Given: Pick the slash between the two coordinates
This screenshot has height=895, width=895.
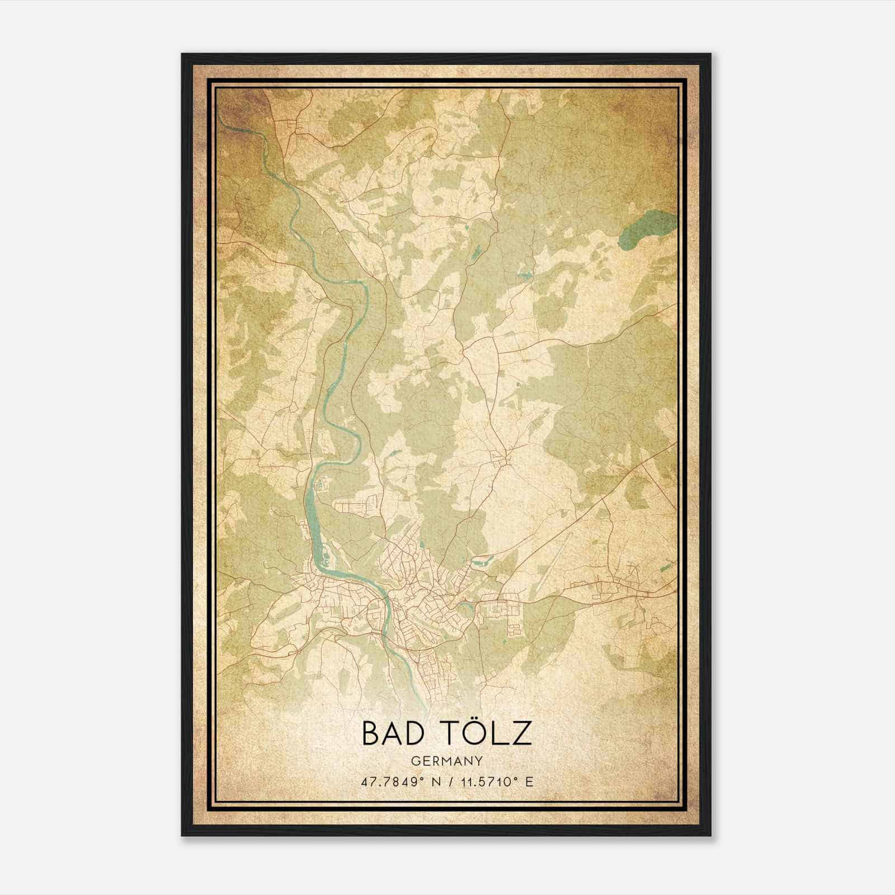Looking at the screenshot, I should coord(447,781).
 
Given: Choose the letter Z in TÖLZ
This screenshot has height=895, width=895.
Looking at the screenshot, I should coord(520,733).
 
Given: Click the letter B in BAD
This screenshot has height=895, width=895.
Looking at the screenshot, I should coord(371,733).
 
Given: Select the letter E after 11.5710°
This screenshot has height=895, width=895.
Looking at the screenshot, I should coord(529,781).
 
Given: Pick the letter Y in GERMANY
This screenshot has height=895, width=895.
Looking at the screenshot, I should coord(479,761).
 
